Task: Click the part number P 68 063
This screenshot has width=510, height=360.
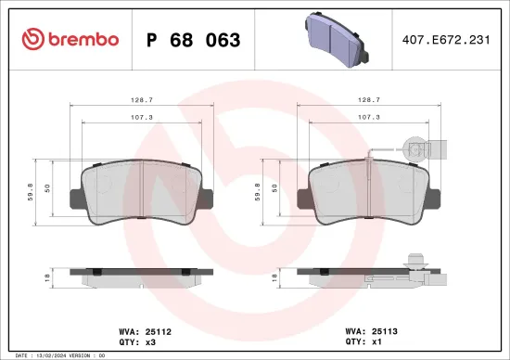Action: pyautogui.click(x=194, y=40)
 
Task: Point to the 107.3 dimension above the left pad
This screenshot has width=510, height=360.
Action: pyautogui.click(x=141, y=118)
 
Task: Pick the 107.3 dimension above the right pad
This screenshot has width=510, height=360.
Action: pyautogui.click(x=368, y=118)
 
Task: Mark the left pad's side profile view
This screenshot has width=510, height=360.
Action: pyautogui.click(x=141, y=276)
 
